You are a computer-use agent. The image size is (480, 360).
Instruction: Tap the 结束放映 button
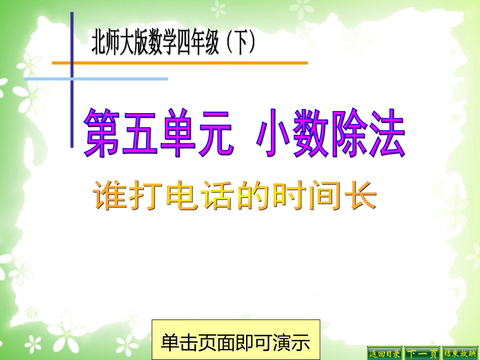pyautogui.click(x=460, y=353)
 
